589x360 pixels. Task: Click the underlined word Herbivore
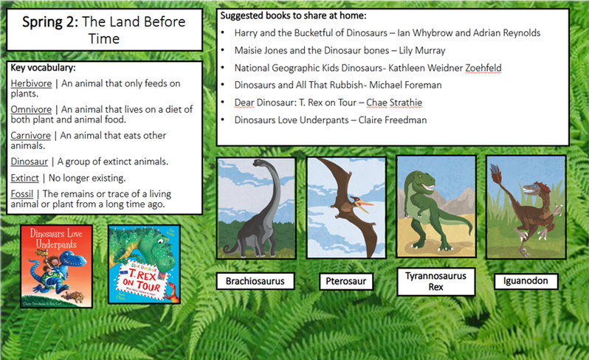31,83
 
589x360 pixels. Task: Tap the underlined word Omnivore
31,109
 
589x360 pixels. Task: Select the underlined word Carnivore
30,135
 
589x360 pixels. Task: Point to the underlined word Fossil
22,194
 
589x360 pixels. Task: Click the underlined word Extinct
25,178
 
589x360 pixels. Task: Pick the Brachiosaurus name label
255,281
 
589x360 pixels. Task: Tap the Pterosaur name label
346,281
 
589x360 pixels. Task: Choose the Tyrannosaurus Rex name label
435,282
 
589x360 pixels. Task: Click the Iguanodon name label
526,281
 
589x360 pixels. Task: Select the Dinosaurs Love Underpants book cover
56,266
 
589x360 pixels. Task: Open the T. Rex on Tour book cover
144,264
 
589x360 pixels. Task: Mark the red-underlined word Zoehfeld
483,68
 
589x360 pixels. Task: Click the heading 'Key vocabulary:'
43,68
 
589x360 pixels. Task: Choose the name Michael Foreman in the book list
405,86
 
